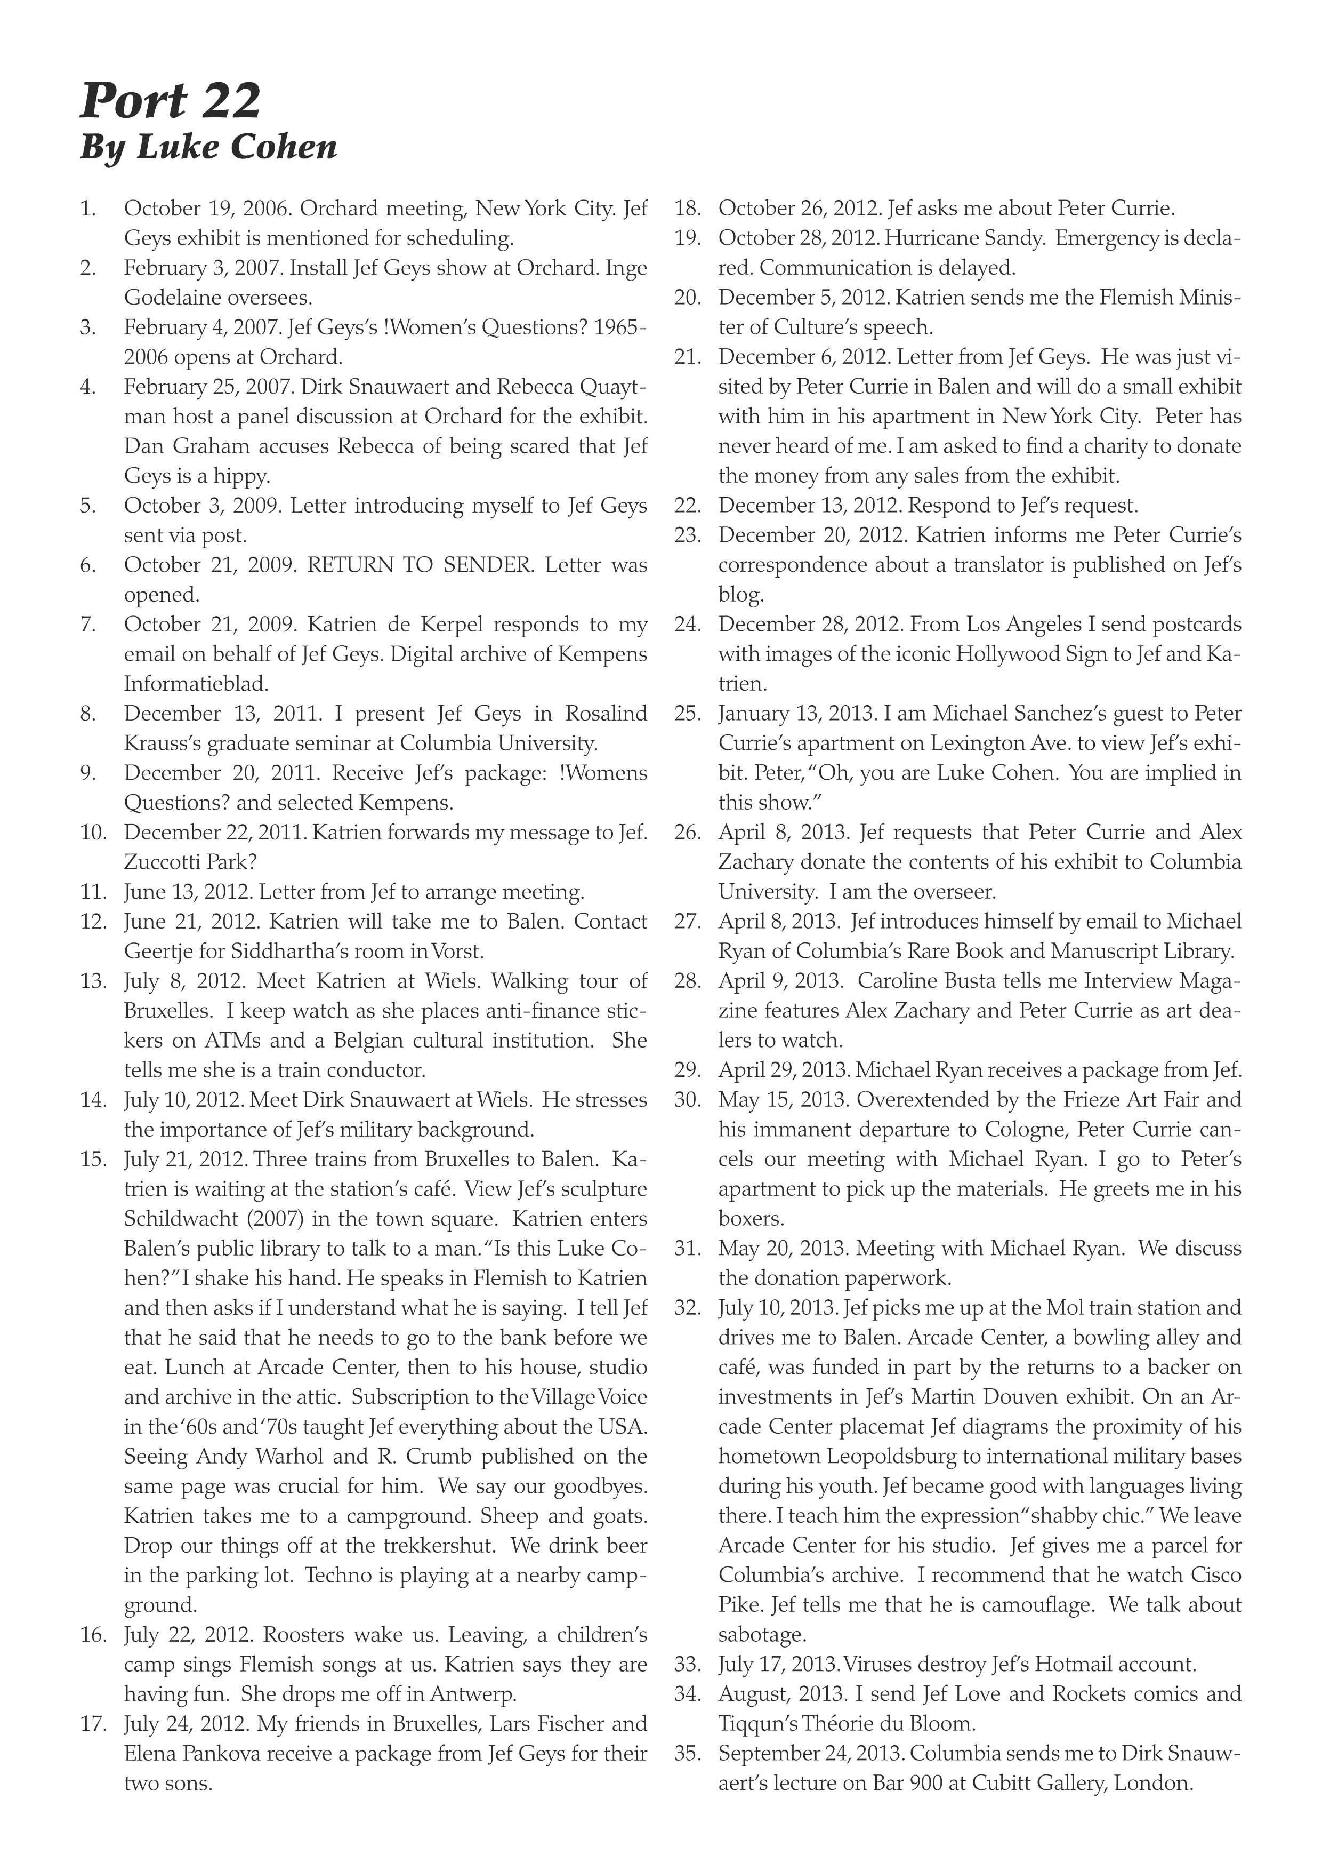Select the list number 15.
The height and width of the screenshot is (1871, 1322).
click(94, 1159)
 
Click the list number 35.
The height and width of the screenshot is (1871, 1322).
click(688, 1753)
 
